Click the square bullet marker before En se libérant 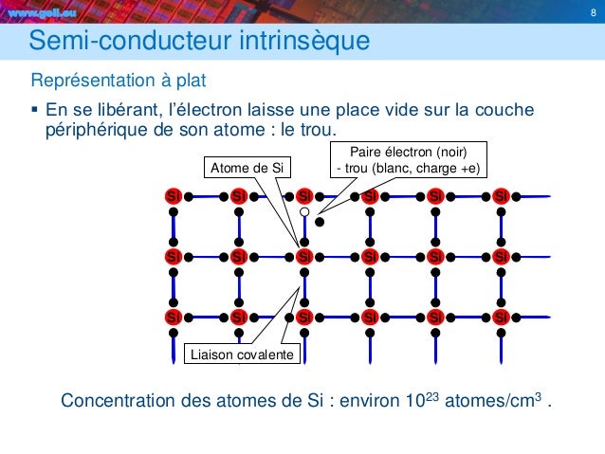click(35, 108)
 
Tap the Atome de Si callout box click(247, 168)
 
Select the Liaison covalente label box click(241, 354)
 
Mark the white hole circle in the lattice click(304, 213)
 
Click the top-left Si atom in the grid click(174, 196)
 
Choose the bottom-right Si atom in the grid click(501, 316)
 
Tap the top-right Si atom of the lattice click(501, 196)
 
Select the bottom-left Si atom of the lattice click(174, 316)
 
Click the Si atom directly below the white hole click(304, 256)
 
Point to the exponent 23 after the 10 click(429, 392)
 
